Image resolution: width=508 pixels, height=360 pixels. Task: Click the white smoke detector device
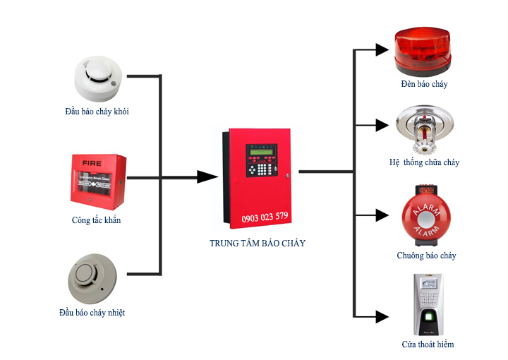(98, 78)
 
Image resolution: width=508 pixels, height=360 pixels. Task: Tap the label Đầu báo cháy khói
(97, 112)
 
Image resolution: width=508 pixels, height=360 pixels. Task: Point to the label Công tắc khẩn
(96, 220)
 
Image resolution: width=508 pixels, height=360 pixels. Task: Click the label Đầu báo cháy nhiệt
(96, 312)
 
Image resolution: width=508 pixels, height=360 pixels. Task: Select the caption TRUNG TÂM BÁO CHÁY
(258, 244)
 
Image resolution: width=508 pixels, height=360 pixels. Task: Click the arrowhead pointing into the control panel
(207, 176)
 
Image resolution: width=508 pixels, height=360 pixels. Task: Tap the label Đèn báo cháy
(423, 84)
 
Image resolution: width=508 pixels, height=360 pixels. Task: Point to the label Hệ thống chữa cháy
(424, 162)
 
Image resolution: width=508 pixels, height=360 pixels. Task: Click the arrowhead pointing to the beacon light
(382, 49)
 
